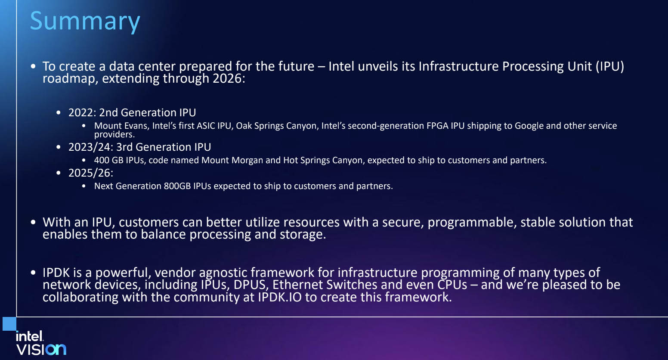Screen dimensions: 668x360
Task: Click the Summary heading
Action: [x=85, y=22]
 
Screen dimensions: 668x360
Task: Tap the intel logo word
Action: [x=30, y=336]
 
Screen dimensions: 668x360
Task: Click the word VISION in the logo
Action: [x=41, y=349]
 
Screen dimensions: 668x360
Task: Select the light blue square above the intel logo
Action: [x=9, y=323]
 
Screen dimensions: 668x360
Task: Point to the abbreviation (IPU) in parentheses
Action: [x=610, y=66]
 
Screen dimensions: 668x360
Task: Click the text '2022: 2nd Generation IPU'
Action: [x=132, y=112]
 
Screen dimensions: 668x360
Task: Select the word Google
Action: [x=529, y=126]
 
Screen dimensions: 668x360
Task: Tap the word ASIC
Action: [x=206, y=126]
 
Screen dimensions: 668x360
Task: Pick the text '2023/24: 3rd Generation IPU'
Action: [x=139, y=147]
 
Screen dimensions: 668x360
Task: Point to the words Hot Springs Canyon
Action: [x=324, y=161]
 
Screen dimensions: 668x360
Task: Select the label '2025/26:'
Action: [x=91, y=173]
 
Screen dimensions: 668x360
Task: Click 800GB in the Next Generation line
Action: [x=177, y=186]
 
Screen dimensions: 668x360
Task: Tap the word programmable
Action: [x=472, y=223]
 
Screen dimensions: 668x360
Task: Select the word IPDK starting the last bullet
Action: [x=56, y=273]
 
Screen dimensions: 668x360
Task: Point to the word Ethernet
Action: [x=297, y=285]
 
